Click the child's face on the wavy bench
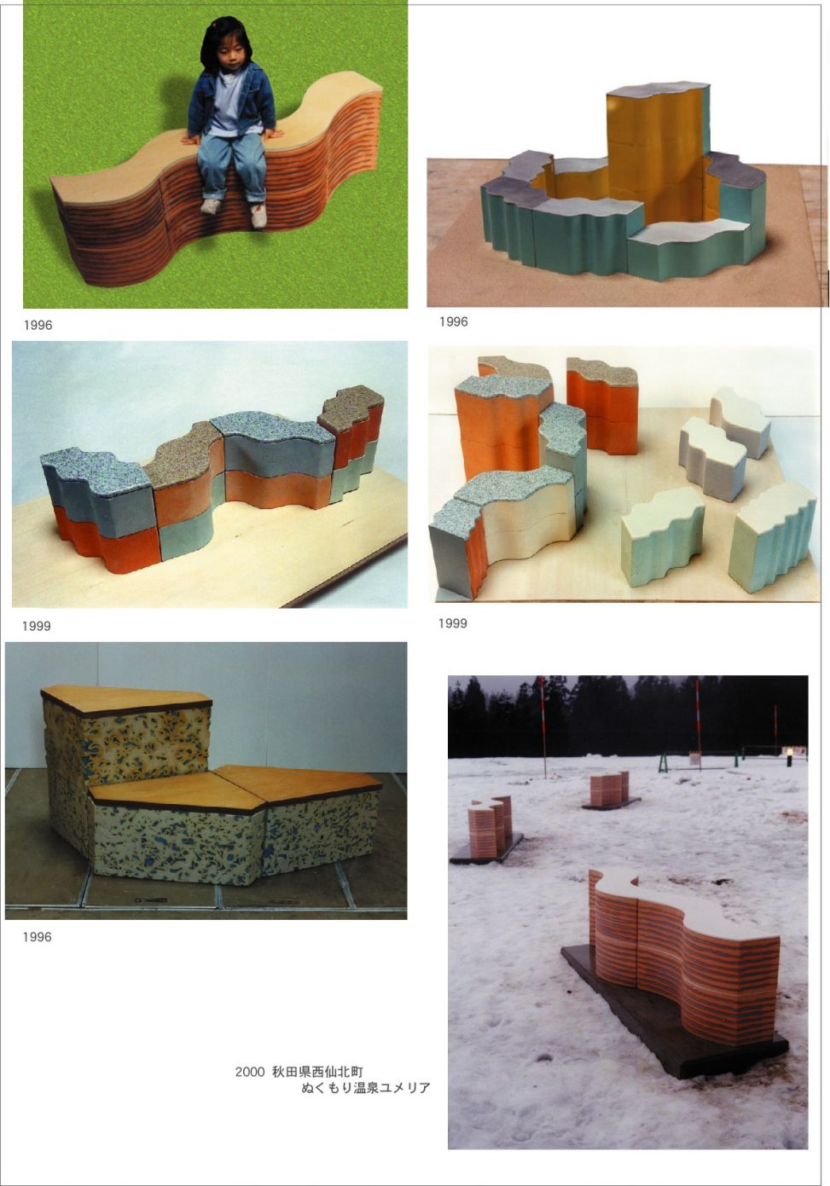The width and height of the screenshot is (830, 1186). [x=231, y=54]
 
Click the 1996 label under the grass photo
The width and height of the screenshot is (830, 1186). [x=38, y=325]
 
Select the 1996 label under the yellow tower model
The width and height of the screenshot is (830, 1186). [x=454, y=321]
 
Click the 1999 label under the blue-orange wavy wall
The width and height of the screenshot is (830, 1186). [x=37, y=626]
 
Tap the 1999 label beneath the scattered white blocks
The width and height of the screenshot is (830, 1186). [x=453, y=623]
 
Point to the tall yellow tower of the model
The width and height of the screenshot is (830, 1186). [x=657, y=159]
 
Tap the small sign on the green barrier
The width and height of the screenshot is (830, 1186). [x=694, y=758]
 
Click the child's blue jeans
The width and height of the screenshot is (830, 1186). [x=231, y=165]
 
